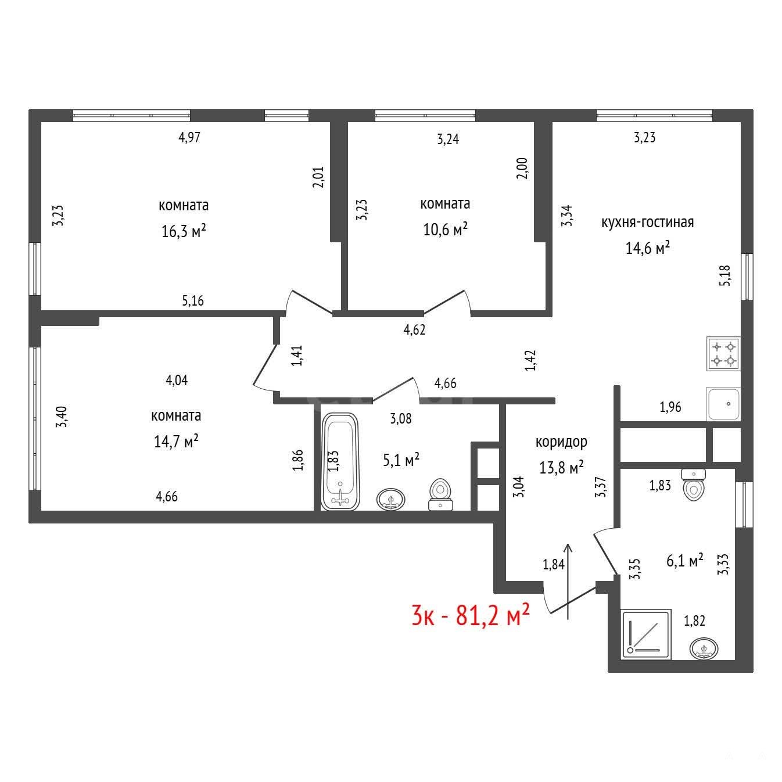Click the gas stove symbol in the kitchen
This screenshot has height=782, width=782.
(x=723, y=353)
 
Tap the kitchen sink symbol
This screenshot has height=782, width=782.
(x=723, y=404)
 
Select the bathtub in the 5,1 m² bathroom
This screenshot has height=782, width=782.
(x=340, y=462)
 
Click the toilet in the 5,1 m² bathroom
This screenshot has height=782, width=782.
(x=440, y=494)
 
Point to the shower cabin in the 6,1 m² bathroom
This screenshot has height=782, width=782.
(x=646, y=634)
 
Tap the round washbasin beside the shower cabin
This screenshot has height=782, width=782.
(x=703, y=648)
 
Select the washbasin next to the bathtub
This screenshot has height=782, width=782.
(x=390, y=499)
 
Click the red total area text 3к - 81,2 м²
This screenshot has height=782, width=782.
(x=471, y=615)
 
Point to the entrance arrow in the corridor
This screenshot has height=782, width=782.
(x=568, y=581)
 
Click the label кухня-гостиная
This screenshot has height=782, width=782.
(x=647, y=222)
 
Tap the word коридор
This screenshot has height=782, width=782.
(x=561, y=442)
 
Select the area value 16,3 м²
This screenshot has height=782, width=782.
(x=184, y=231)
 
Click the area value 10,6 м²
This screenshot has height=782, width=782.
(x=445, y=229)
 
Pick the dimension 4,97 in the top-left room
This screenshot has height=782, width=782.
(x=189, y=138)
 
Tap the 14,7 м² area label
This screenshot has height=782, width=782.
(x=175, y=441)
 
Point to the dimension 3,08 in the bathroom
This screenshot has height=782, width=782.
(x=400, y=419)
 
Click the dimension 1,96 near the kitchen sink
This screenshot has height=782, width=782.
(x=670, y=407)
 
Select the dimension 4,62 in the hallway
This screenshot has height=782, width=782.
(x=414, y=329)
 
